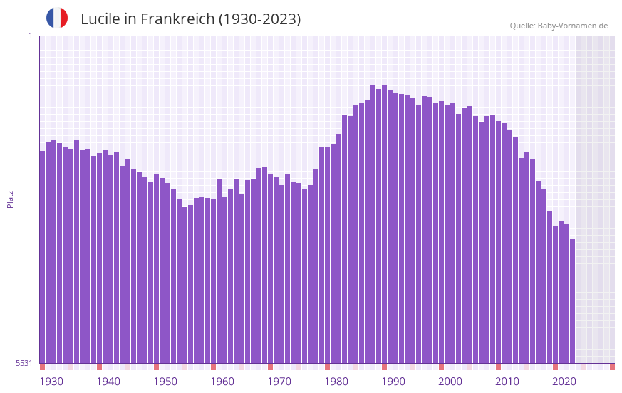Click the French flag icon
(x=57, y=19)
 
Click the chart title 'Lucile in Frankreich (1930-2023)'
(x=190, y=19)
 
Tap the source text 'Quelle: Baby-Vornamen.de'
(x=559, y=26)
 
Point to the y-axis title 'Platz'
(x=10, y=199)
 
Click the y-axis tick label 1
(x=30, y=36)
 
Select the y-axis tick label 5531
(x=24, y=363)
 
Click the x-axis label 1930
(x=51, y=382)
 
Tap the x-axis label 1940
(x=108, y=382)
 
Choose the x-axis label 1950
(x=165, y=382)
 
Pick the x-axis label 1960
(x=222, y=382)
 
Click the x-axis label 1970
(x=279, y=382)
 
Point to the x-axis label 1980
(x=336, y=382)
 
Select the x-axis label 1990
(x=393, y=382)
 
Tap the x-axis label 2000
(x=450, y=382)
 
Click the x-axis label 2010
(x=507, y=382)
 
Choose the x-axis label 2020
(x=564, y=382)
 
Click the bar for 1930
(x=43, y=256)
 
